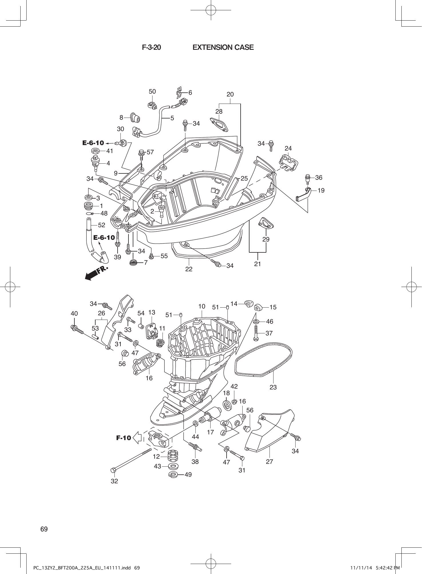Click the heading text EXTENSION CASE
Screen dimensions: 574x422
[x=223, y=47]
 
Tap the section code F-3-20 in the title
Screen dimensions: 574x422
[x=151, y=47]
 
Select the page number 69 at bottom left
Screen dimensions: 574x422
[x=44, y=529]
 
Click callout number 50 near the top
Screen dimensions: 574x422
[x=152, y=92]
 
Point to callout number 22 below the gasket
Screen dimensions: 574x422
[x=189, y=269]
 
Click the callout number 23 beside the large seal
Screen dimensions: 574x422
[x=273, y=387]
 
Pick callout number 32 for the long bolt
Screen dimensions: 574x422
[x=114, y=481]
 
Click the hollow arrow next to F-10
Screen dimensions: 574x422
[x=138, y=438]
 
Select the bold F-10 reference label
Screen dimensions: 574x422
[x=124, y=438]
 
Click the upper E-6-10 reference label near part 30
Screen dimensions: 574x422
[x=93, y=143]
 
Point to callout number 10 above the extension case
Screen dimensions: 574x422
[x=202, y=306]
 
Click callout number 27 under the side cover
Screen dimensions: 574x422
[x=270, y=462]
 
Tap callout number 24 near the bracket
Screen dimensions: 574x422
[x=288, y=148]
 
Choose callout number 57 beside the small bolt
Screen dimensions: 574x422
[x=150, y=152]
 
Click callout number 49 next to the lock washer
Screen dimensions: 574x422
[x=188, y=474]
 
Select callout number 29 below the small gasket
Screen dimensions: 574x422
[x=266, y=239]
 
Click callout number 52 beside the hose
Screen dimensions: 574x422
[x=102, y=225]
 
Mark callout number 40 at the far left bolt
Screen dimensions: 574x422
[x=74, y=314]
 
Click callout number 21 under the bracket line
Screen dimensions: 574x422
[x=257, y=264]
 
